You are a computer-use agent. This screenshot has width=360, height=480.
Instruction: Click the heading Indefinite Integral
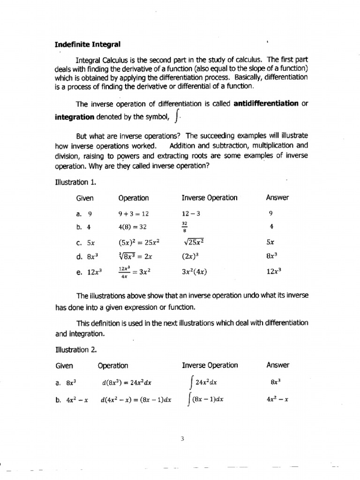pos(88,45)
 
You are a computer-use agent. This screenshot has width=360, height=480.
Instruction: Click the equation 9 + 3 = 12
pos(134,214)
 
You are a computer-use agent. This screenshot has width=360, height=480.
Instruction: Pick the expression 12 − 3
pos(191,214)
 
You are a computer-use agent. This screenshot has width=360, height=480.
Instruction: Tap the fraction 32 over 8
pos(185,227)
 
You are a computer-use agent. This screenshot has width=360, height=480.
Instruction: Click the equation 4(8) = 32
pos(133,227)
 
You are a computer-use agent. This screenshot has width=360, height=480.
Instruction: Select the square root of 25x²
pos(195,242)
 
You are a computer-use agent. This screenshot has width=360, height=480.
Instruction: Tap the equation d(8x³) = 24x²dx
pos(127,382)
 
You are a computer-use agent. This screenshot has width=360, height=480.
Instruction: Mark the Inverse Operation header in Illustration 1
pos(210,198)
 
